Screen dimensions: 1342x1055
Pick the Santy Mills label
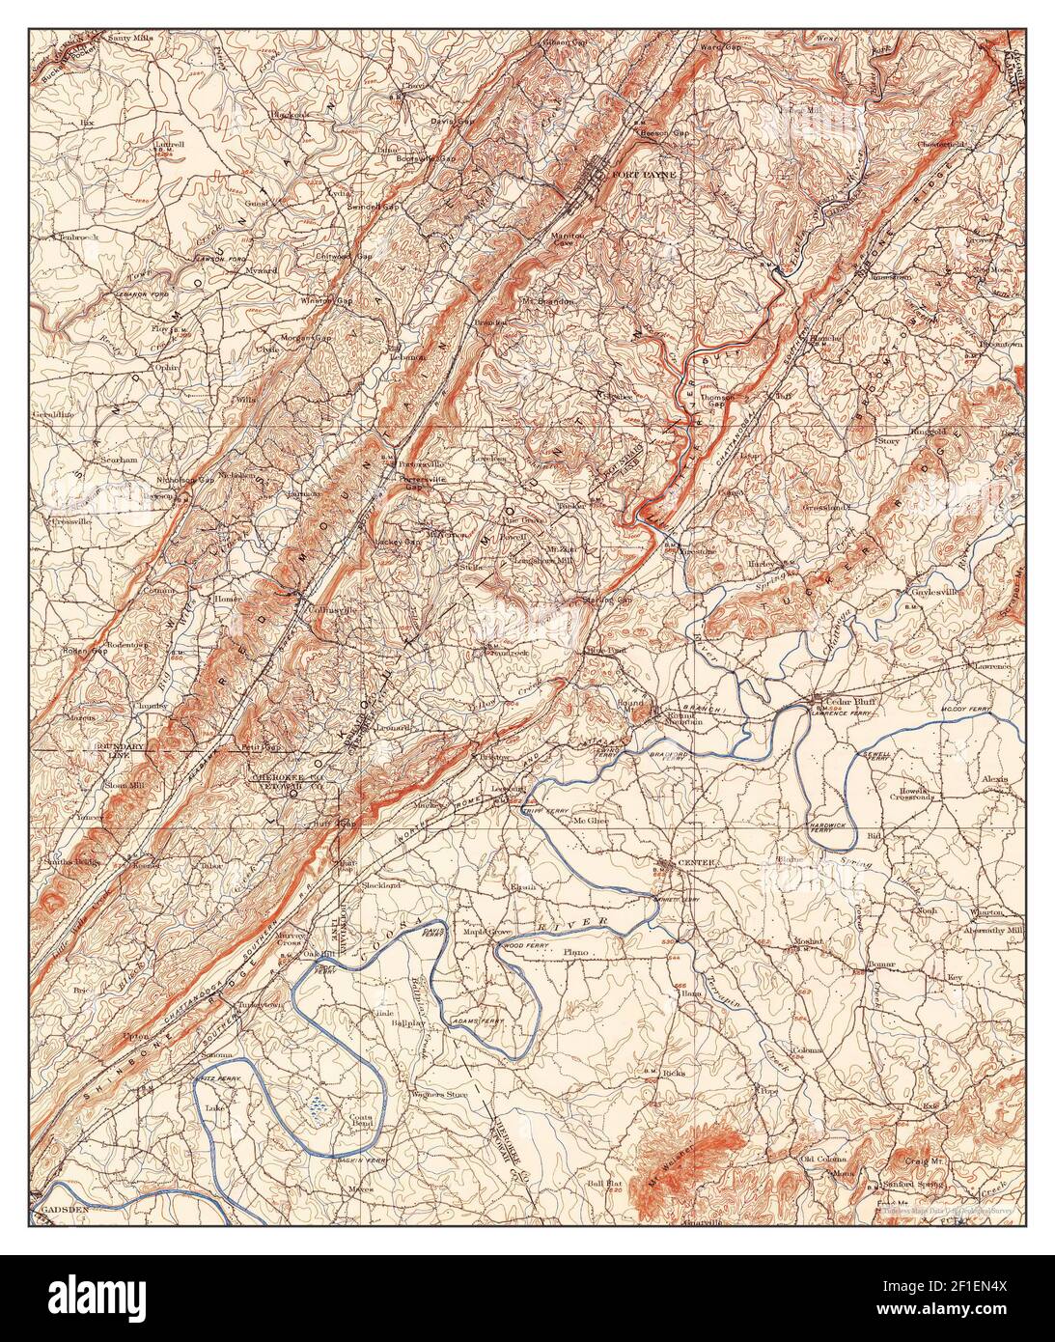[130, 39]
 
